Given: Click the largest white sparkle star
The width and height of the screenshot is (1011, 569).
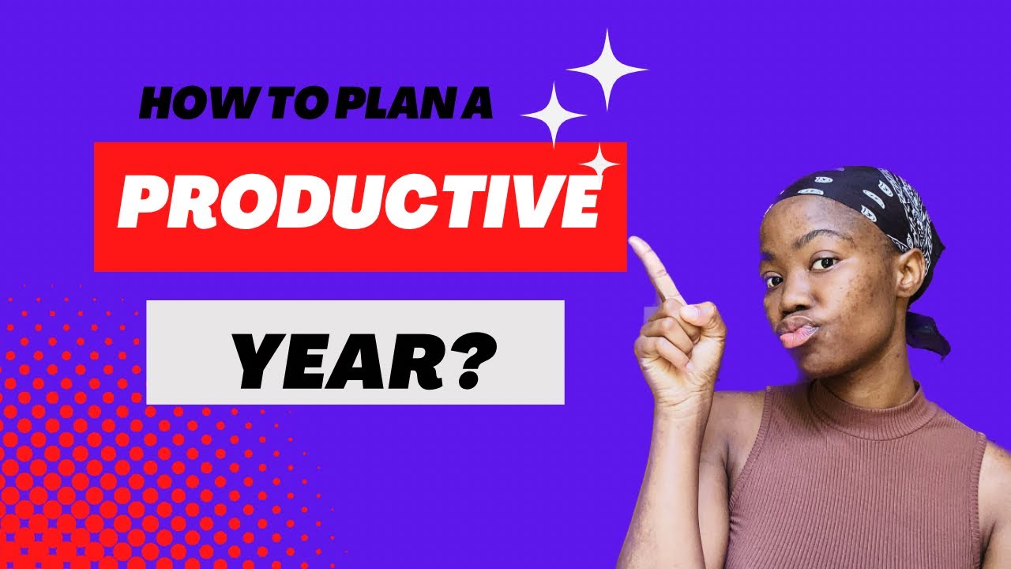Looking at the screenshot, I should tap(607, 69).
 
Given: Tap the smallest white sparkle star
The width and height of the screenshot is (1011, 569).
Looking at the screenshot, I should tap(603, 162).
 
